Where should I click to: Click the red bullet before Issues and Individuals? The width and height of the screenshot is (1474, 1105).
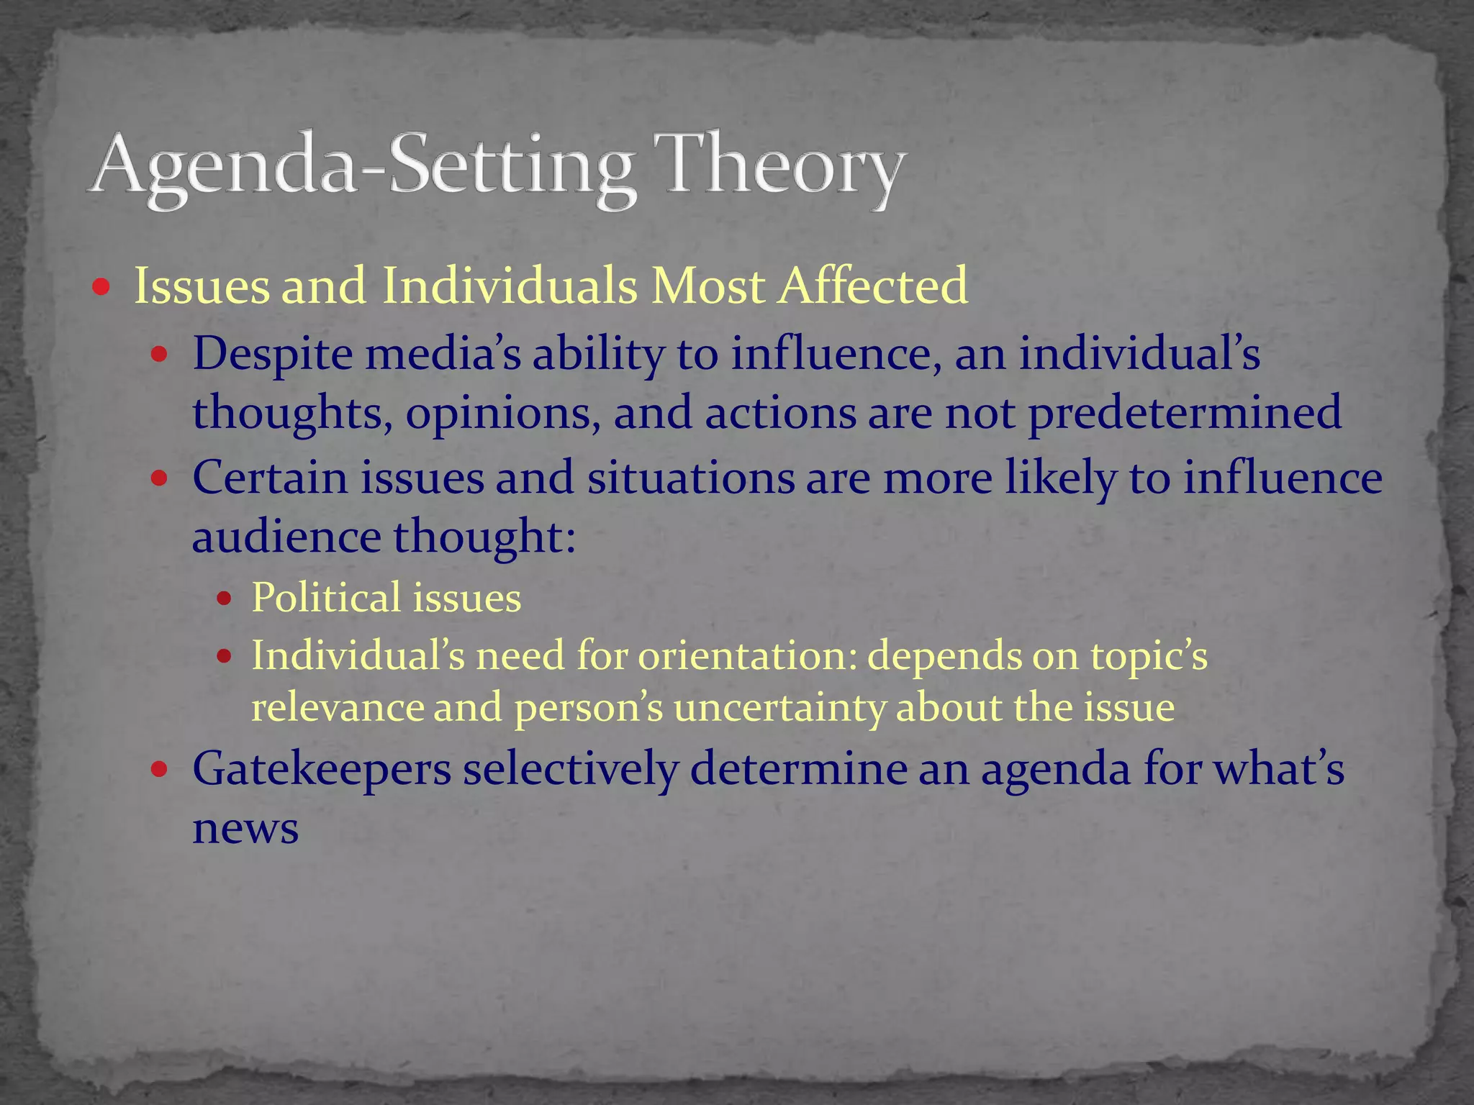click(101, 288)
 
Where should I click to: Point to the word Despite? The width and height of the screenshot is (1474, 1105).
click(273, 355)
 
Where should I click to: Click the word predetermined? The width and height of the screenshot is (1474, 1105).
click(1185, 413)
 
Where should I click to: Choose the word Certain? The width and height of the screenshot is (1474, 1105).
click(270, 478)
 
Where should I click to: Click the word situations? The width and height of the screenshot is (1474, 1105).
click(690, 478)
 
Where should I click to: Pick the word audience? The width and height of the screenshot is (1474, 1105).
click(286, 537)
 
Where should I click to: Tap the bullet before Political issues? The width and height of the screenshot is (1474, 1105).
click(225, 599)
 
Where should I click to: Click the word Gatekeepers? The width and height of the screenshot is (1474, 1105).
click(322, 768)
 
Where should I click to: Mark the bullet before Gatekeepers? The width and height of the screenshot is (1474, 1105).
click(159, 770)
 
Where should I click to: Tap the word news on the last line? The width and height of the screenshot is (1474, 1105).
click(245, 829)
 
